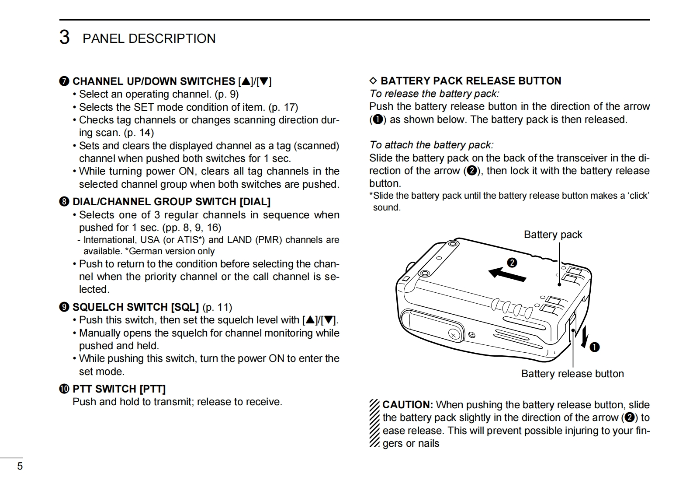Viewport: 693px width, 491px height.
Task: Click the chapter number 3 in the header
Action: [64, 38]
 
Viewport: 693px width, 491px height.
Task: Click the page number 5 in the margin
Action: [20, 466]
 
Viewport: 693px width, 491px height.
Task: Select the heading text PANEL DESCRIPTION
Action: [149, 39]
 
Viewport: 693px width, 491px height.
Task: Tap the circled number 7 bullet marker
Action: [64, 81]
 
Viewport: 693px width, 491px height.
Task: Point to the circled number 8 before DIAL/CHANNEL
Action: [64, 202]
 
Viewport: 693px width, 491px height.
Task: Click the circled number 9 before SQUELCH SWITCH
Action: [64, 307]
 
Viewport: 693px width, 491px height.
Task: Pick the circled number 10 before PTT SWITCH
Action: [64, 389]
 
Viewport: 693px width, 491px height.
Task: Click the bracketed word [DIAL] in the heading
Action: [255, 202]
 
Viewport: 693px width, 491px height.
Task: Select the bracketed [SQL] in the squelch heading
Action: [185, 307]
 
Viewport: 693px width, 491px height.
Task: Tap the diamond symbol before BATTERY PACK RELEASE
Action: [373, 81]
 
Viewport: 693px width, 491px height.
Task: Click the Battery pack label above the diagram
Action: [553, 235]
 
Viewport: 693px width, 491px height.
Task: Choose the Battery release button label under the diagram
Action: [572, 374]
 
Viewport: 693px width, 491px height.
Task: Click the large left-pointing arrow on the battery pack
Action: [507, 274]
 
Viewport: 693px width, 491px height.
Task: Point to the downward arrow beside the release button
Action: [583, 338]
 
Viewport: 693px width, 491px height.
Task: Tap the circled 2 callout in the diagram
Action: [512, 263]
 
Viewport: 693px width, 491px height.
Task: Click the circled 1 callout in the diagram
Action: [594, 347]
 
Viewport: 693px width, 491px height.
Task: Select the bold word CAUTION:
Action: [407, 405]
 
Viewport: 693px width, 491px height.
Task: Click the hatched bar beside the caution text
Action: [374, 424]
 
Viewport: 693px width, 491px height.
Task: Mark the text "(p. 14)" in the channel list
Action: [139, 133]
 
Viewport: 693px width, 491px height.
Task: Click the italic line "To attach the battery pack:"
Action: [431, 145]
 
